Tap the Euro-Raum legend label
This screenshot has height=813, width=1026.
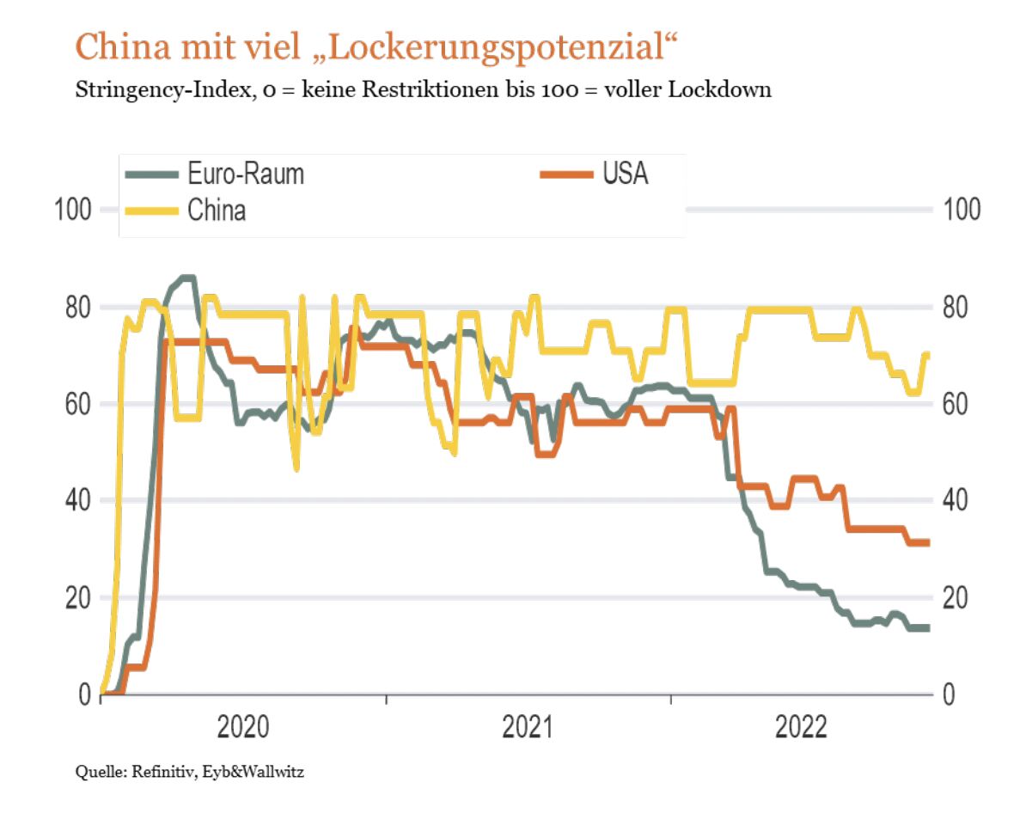(246, 174)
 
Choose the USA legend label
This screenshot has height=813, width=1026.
(625, 174)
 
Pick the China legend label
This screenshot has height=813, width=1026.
(217, 210)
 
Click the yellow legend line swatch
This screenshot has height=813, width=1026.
(151, 210)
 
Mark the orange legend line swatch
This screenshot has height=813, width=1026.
(566, 174)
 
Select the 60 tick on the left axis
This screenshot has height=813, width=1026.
(78, 404)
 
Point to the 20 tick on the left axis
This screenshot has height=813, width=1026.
(78, 597)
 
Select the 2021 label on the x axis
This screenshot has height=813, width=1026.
(528, 728)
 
